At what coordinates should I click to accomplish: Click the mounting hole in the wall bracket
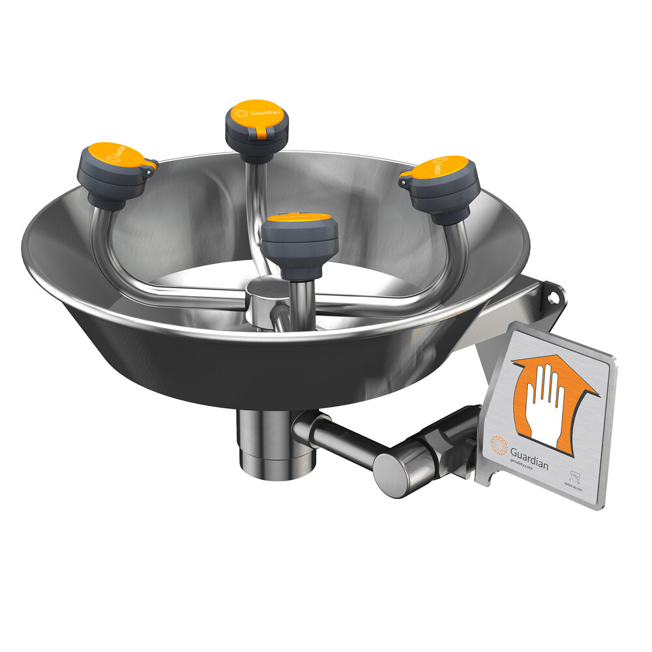(x=554, y=295)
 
